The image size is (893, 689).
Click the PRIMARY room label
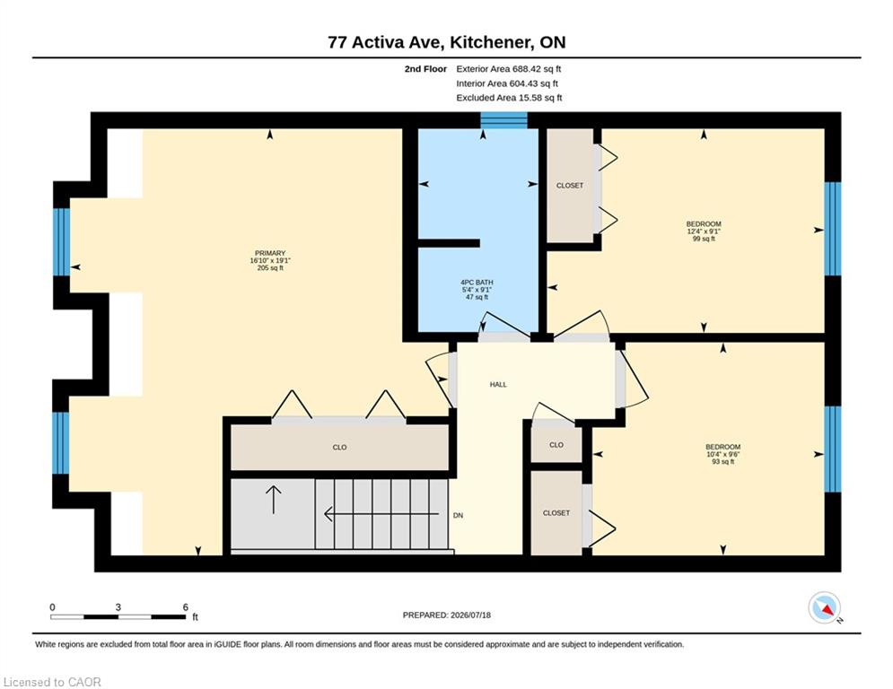tap(270, 253)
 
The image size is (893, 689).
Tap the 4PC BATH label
tap(477, 283)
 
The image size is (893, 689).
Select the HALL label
tap(498, 384)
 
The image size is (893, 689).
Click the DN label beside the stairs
tap(458, 515)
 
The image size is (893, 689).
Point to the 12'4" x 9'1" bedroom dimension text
tap(704, 231)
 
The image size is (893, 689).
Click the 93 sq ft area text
tap(723, 462)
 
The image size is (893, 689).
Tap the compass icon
tap(825, 607)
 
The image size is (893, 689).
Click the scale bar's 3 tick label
tap(118, 607)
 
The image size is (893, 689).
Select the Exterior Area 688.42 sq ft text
tap(509, 69)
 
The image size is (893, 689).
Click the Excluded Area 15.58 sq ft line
tap(509, 98)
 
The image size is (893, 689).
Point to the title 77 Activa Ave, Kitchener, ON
tap(447, 42)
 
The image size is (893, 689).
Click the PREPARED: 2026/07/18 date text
tap(447, 615)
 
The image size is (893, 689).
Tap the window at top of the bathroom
tap(504, 120)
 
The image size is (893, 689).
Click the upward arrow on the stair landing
tap(274, 500)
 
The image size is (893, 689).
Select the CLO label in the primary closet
tap(339, 448)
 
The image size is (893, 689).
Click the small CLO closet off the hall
tap(556, 445)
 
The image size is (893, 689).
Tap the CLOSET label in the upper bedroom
tap(570, 186)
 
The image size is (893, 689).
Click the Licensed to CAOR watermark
tap(52, 682)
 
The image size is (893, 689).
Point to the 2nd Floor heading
tap(425, 69)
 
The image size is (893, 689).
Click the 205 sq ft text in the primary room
tap(270, 268)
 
